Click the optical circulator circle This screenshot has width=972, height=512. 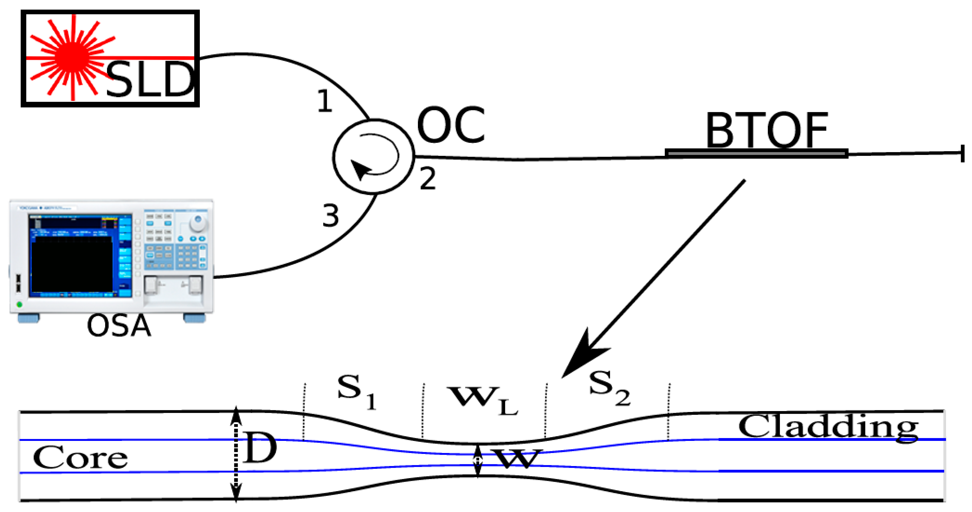tap(374, 157)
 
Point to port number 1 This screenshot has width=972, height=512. tap(324, 101)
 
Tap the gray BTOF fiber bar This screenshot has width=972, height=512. tap(757, 154)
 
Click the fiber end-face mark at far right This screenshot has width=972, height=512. tap(962, 153)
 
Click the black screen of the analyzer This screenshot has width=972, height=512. tap(72, 264)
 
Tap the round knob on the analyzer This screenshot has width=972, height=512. tap(198, 223)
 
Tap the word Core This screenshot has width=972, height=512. tap(80, 457)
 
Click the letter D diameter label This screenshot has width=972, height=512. tap(260, 448)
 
